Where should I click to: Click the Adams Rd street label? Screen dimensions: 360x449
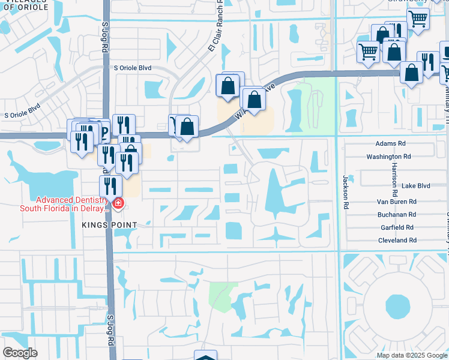(x=390, y=143)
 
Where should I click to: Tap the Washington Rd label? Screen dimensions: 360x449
(x=388, y=157)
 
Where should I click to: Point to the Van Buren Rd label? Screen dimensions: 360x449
(x=396, y=202)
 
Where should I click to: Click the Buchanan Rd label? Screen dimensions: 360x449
(x=397, y=214)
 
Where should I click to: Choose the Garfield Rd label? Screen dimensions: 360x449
(x=397, y=227)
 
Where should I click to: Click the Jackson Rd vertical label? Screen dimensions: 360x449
(x=346, y=191)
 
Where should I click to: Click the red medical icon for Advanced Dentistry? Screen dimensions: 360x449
(x=118, y=204)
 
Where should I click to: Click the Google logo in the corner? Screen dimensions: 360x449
(x=20, y=352)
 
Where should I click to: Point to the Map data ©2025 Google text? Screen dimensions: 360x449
(x=411, y=355)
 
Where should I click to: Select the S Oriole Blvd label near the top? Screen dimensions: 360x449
(x=133, y=68)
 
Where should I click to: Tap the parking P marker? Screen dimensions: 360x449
(x=104, y=131)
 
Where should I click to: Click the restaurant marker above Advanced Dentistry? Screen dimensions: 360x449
(x=110, y=185)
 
